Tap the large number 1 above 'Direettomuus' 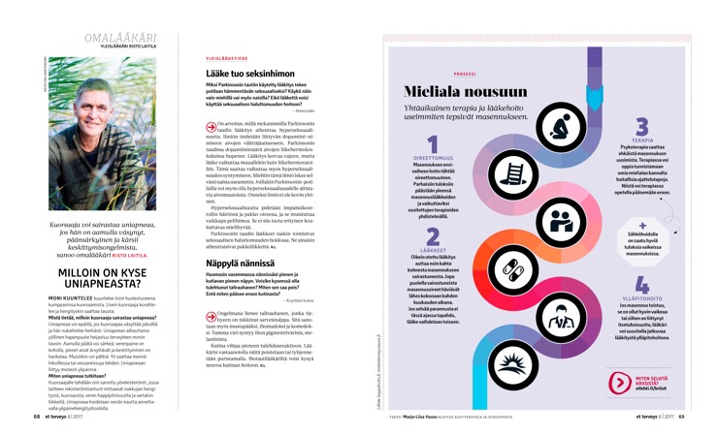coord(432,144)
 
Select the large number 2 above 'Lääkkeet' coord(432,236)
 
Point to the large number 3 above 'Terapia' coord(641,127)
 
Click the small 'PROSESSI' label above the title coord(464,73)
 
